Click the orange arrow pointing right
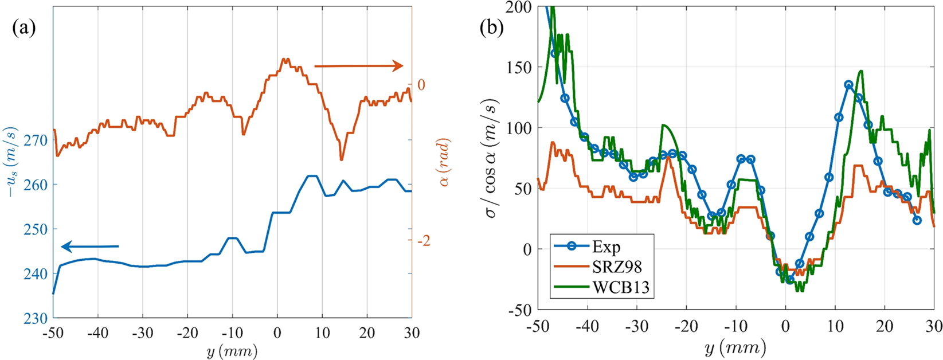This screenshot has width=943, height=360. tap(359, 66)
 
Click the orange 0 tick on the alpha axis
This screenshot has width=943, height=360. tap(421, 85)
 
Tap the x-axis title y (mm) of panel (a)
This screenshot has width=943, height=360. tap(232, 350)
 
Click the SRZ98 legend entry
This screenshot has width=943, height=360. tap(616, 267)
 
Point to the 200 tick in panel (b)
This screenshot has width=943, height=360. tap(519, 7)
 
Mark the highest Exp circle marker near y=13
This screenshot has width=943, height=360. tap(848, 85)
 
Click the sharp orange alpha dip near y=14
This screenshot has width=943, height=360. tap(342, 159)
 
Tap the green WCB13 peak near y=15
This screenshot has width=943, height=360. tap(861, 71)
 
